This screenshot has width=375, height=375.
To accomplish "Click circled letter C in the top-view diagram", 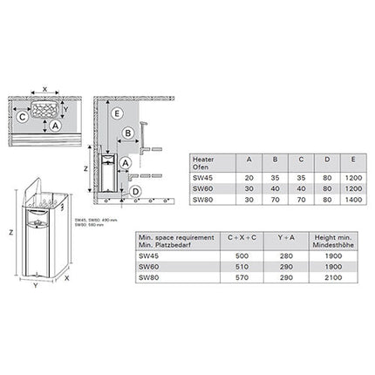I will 22,115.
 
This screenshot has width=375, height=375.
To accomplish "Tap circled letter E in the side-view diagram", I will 117,112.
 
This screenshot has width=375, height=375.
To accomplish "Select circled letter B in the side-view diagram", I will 128,133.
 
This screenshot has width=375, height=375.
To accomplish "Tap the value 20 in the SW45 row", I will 249,174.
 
